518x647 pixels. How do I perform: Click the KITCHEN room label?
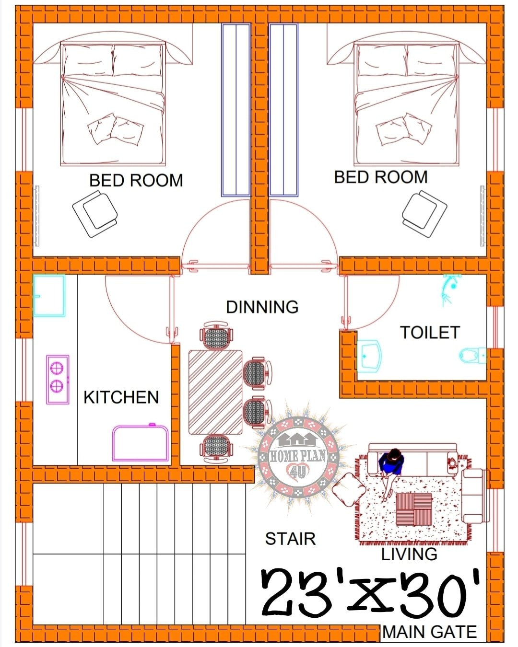tap(121, 397)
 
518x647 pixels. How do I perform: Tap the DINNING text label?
tap(262, 307)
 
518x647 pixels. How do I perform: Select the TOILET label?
tap(430, 333)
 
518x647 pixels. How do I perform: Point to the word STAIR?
tap(290, 539)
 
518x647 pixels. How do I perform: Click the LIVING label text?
tap(409, 555)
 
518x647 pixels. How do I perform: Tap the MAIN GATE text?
tap(430, 632)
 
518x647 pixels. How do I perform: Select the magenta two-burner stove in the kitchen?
tap(58, 379)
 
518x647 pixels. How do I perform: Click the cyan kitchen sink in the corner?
tap(49, 296)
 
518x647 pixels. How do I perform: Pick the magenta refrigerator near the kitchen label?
tap(141, 443)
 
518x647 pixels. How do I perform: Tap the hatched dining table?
tap(215, 392)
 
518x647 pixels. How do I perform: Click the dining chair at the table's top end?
tap(217, 337)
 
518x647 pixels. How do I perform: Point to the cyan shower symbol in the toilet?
tap(449, 289)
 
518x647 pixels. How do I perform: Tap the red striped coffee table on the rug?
tap(414, 509)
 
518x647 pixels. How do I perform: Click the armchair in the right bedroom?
tap(424, 213)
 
